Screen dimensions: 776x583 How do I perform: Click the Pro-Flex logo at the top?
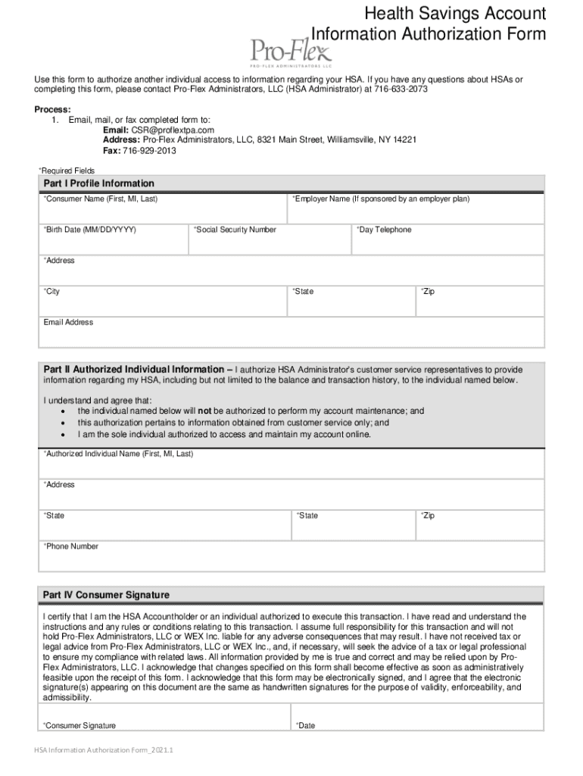pyautogui.click(x=291, y=52)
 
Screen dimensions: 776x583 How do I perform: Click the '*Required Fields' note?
pyautogui.click(x=67, y=171)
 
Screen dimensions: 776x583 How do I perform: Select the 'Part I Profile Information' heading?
pyautogui.click(x=98, y=183)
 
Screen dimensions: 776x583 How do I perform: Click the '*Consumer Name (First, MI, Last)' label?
pyautogui.click(x=100, y=199)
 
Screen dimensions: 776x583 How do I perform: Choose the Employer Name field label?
pyautogui.click(x=381, y=199)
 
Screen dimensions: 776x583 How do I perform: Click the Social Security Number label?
pyautogui.click(x=235, y=230)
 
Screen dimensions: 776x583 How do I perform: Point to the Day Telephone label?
pyautogui.click(x=384, y=230)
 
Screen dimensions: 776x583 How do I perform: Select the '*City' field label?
pyautogui.click(x=51, y=292)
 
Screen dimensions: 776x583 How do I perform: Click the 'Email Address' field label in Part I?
pyautogui.click(x=68, y=323)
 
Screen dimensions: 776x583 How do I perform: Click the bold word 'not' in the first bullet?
pyautogui.click(x=204, y=411)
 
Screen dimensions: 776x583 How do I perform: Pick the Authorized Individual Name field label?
pyautogui.click(x=118, y=454)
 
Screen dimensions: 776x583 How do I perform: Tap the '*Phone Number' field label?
pyautogui.click(x=70, y=546)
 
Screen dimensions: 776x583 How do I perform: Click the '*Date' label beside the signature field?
pyautogui.click(x=305, y=726)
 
